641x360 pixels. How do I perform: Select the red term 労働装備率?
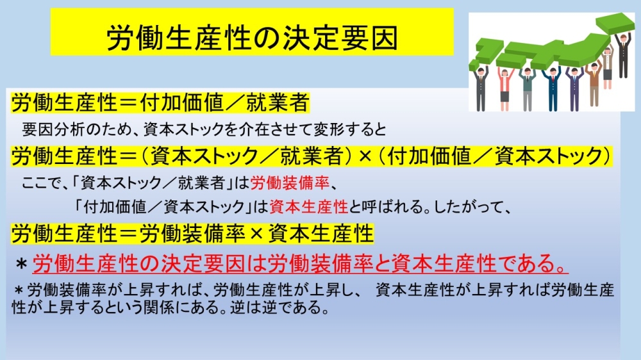pos(290,183)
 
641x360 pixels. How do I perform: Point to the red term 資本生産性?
pos(309,207)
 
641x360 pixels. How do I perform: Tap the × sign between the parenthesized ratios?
pos(365,156)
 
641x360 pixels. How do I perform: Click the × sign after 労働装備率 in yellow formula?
pos(256,234)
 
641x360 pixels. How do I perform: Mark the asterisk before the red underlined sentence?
pos(21,265)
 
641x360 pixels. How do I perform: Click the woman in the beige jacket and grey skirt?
pos(608,67)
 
